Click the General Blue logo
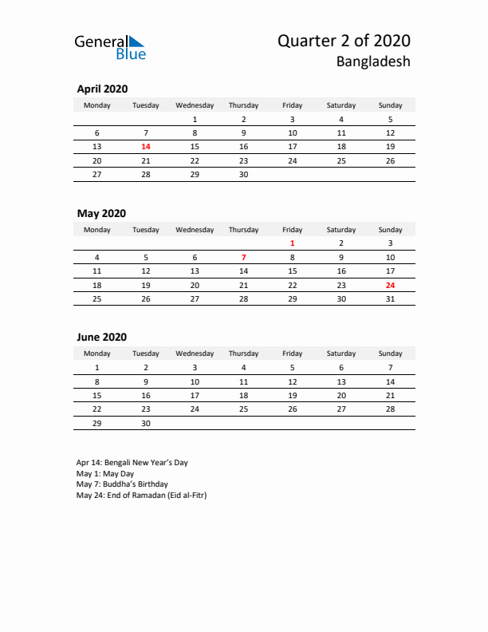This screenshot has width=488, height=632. coord(110,47)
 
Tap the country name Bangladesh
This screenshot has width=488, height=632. coord(373,61)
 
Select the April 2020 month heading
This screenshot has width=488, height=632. coord(102,89)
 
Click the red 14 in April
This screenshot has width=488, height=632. coord(146,147)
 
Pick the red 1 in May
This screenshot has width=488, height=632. coord(293,243)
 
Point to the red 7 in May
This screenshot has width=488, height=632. coord(243,258)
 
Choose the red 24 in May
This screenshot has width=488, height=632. coord(390,285)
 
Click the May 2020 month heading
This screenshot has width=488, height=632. coord(100,213)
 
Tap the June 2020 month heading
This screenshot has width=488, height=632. coord(101,338)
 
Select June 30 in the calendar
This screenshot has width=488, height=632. coord(146,424)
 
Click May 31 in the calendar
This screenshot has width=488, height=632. coord(390,299)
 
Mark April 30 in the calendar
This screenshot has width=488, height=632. coord(243,175)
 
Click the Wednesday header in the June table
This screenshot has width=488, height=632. coord(195,354)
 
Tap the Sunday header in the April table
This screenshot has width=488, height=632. coord(390,105)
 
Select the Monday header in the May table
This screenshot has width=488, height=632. coord(97,230)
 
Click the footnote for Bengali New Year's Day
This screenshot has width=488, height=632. coord(132,462)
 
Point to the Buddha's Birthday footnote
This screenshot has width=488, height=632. coord(121,484)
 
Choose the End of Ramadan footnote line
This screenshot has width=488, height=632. coord(141,495)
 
